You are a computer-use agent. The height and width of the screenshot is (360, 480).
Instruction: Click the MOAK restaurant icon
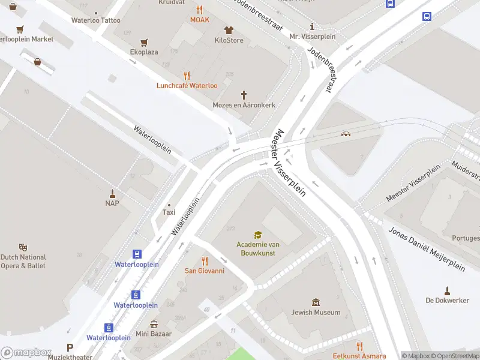[200, 10]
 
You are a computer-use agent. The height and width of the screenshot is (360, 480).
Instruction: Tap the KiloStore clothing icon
[229, 30]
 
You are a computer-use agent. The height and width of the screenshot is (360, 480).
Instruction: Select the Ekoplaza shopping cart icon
[144, 42]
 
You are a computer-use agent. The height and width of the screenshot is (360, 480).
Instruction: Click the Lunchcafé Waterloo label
[187, 85]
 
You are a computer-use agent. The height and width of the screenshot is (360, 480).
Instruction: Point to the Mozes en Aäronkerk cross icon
[244, 95]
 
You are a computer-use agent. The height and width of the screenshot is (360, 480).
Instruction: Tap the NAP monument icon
[112, 193]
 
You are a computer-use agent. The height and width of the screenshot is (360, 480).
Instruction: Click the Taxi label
[169, 212]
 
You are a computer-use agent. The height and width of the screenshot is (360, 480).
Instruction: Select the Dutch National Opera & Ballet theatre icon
[23, 247]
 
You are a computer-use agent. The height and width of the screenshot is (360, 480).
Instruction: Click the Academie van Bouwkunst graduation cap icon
[257, 235]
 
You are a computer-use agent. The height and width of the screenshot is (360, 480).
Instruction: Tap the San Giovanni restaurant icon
[204, 261]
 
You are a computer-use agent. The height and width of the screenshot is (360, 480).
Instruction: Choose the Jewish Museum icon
[316, 302]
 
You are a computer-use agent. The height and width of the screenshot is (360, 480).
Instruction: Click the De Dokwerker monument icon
[446, 290]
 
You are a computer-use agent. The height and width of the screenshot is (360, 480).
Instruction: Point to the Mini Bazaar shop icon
[154, 324]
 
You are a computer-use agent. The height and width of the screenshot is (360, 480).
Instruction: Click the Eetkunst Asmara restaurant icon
[359, 346]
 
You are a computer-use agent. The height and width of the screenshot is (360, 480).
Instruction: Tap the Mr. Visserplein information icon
[312, 26]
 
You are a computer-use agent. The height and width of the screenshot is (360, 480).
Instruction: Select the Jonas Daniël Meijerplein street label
[427, 249]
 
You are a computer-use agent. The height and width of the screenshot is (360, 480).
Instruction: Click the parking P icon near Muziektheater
[70, 347]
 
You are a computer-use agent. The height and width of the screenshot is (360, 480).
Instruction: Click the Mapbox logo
[25, 352]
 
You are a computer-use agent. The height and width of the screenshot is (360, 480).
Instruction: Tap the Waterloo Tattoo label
[95, 20]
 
